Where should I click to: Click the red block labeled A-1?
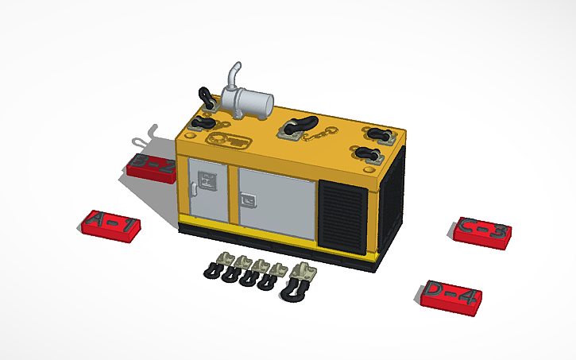tap(112, 225)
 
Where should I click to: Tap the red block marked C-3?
tap(484, 231)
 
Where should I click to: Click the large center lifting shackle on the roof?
tap(300, 126)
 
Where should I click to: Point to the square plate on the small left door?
tap(208, 181)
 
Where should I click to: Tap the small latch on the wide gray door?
tap(249, 199)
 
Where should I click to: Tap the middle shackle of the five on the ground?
tap(253, 273)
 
